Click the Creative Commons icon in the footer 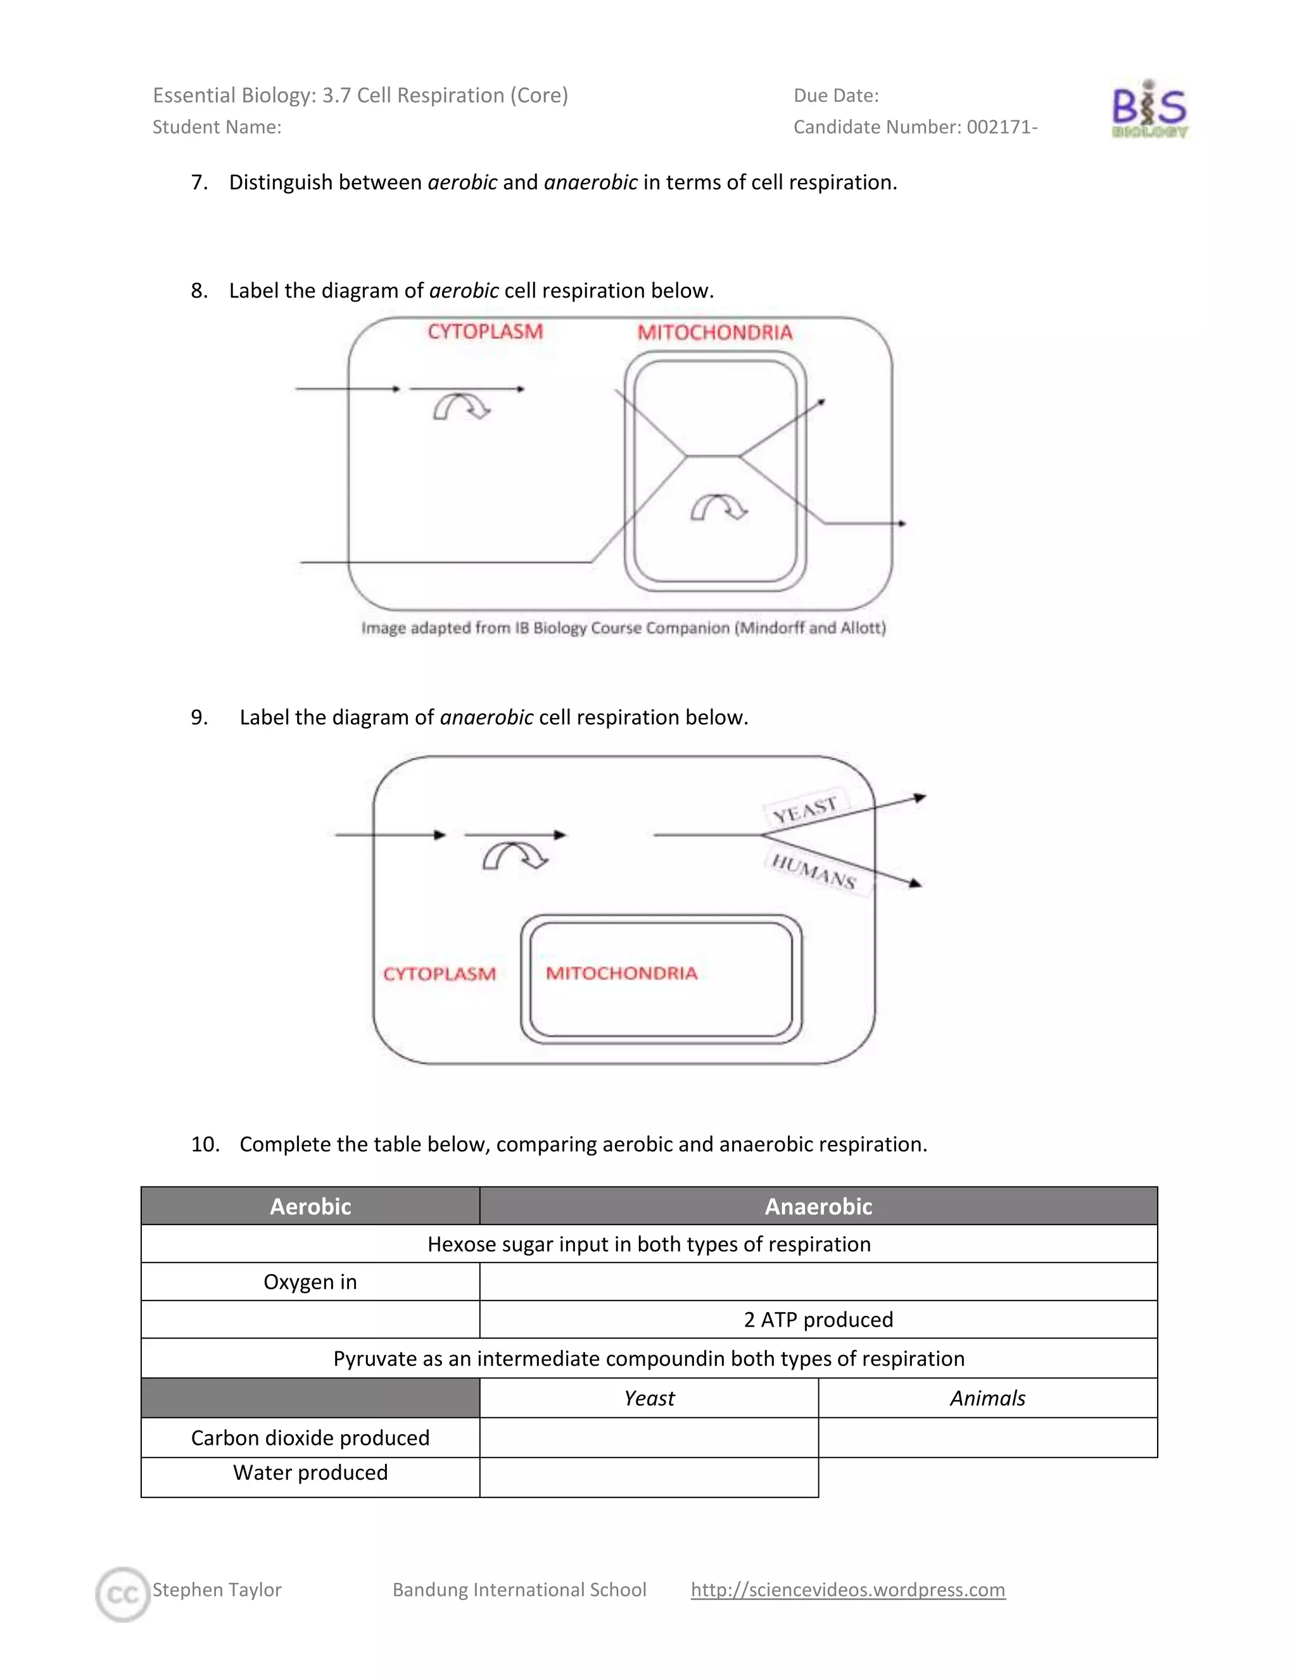pyautogui.click(x=122, y=1594)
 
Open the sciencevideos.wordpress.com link pyautogui.click(x=847, y=1589)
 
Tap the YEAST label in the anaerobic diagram pyautogui.click(x=804, y=810)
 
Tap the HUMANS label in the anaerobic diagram pyautogui.click(x=814, y=871)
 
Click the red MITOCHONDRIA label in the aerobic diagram pyautogui.click(x=714, y=332)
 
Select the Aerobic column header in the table pyautogui.click(x=310, y=1206)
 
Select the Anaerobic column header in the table pyautogui.click(x=818, y=1206)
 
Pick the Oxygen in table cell pyautogui.click(x=310, y=1282)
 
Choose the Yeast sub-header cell pyautogui.click(x=649, y=1397)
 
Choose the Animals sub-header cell pyautogui.click(x=987, y=1397)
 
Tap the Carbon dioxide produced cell pyautogui.click(x=310, y=1437)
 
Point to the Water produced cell pyautogui.click(x=310, y=1473)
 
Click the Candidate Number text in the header pyautogui.click(x=915, y=127)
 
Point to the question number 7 pyautogui.click(x=199, y=183)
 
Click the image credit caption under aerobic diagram pyautogui.click(x=623, y=628)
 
